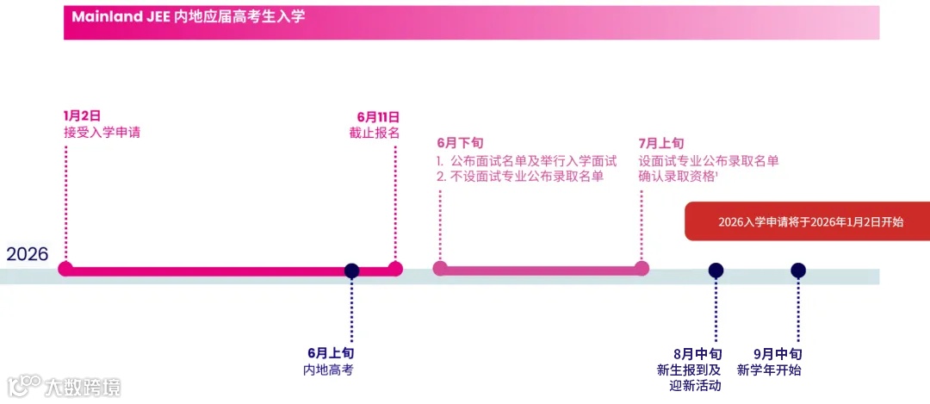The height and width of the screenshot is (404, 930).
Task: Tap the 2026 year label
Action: coord(28,254)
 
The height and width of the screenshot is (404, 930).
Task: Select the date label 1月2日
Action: coord(83,115)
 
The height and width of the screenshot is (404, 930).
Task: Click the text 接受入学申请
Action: coord(102,133)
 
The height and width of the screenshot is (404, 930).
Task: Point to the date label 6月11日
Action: coord(378,115)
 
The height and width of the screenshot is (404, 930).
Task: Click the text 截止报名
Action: coord(375,133)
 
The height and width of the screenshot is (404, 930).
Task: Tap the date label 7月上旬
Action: coord(661,143)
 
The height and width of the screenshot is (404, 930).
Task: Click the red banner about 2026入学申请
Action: coord(808,221)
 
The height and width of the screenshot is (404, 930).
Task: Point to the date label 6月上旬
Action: coord(331,353)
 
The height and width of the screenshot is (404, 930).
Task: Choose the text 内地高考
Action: coord(328,370)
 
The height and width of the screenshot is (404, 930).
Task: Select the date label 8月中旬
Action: coord(697,354)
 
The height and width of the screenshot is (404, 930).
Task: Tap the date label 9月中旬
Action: coord(778,354)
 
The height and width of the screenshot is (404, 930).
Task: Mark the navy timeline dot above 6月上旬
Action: coord(351,270)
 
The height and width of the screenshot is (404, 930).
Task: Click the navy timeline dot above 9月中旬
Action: coord(798,270)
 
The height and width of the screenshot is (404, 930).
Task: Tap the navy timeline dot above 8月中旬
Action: coord(716,270)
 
